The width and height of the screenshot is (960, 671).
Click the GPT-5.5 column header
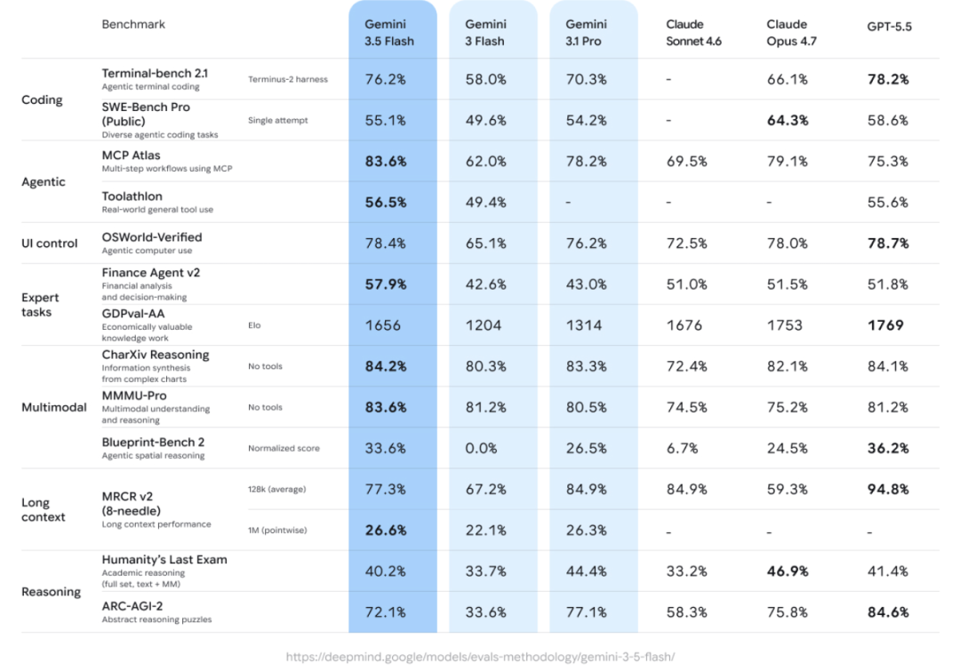(x=889, y=27)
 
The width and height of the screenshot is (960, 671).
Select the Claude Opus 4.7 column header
(x=791, y=33)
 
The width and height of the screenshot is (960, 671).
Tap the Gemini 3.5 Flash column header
(x=388, y=33)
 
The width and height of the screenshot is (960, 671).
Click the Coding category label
(x=42, y=100)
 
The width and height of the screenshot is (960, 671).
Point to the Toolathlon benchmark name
(x=132, y=196)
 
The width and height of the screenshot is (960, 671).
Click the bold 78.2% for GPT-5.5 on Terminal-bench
(x=888, y=79)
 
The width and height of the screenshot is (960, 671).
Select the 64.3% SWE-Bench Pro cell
(x=788, y=120)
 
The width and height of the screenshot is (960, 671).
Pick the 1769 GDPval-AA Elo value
(x=885, y=325)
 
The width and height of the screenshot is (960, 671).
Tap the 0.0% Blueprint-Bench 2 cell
(x=481, y=448)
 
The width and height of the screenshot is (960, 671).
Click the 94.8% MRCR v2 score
(x=888, y=489)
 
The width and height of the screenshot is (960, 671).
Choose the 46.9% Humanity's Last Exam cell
(x=788, y=571)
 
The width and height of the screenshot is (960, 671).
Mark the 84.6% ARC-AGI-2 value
(x=888, y=612)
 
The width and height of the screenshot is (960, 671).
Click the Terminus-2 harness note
(x=288, y=79)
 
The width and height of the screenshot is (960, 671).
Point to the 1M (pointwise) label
(x=277, y=531)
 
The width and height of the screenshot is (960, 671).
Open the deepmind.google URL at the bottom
(x=480, y=657)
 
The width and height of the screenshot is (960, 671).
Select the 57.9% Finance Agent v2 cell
(x=386, y=284)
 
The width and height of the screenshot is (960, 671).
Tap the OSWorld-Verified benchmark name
(x=152, y=237)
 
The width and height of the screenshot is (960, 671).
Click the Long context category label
(x=43, y=509)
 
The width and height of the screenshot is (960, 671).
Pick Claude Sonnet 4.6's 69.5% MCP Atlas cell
(x=686, y=161)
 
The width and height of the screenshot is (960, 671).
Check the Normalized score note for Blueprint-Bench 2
(x=284, y=448)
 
